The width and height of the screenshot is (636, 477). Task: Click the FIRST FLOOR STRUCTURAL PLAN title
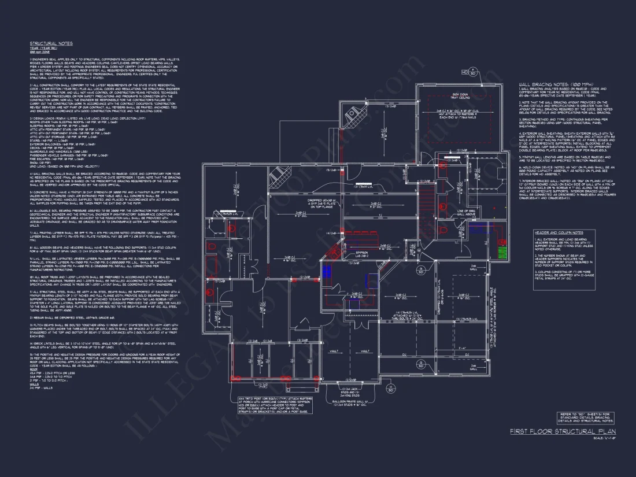[x=563, y=431]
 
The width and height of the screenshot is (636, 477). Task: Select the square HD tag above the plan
[x=464, y=72]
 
